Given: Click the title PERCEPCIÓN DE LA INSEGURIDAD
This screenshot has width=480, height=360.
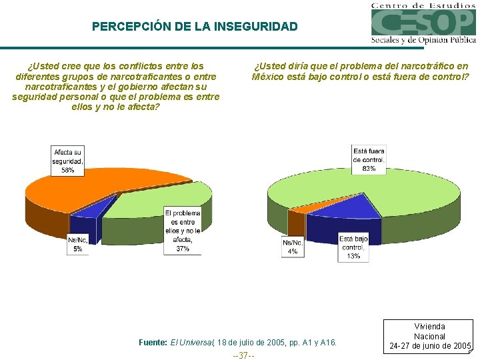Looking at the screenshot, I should click(195, 27).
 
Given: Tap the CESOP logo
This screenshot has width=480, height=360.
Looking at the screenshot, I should click(423, 24).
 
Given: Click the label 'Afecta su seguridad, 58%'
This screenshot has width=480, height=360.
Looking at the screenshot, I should click(68, 161).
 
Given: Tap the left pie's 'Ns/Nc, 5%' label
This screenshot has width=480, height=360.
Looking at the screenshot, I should click(78, 244).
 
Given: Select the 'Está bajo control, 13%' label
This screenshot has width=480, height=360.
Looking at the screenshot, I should click(353, 247).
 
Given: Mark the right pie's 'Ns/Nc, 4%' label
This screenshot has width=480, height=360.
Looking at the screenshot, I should click(293, 247).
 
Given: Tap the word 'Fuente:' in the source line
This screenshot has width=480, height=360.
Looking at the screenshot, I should click(153, 343).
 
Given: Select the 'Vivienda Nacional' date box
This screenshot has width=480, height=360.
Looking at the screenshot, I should click(429, 336).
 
